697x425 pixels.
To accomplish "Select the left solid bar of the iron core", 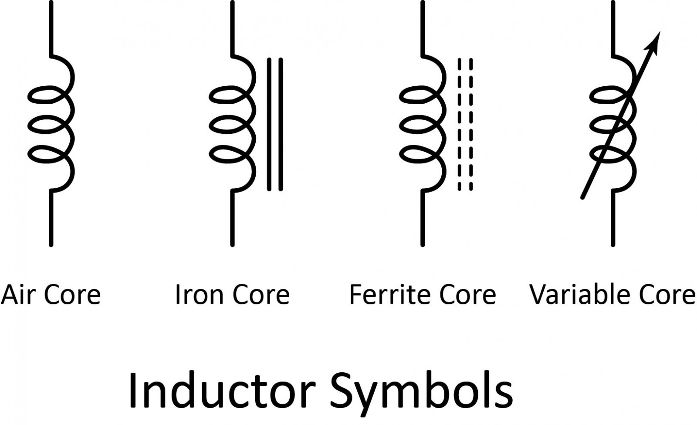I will click(x=269, y=124).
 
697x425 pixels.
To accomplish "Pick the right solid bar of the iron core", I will click(x=281, y=124).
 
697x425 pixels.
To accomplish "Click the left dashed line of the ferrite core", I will click(x=459, y=124).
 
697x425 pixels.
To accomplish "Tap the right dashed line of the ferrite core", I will click(x=470, y=124).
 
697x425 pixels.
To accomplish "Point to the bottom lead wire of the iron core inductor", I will click(x=232, y=218).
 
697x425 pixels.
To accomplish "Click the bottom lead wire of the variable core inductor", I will click(x=613, y=218).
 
